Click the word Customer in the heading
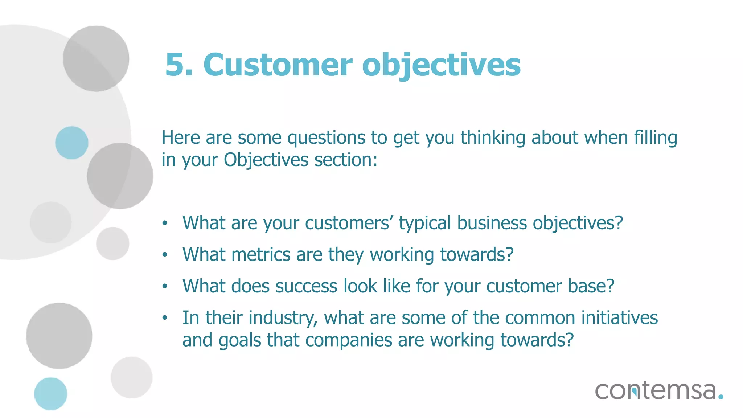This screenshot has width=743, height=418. (278, 65)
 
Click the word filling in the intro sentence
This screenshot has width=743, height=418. (655, 138)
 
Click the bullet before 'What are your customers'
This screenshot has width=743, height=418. (165, 223)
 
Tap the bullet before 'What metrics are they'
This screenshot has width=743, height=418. (165, 255)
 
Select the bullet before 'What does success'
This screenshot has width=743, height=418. (165, 286)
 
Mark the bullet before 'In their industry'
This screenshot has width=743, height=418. (165, 318)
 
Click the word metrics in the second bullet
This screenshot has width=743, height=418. (261, 255)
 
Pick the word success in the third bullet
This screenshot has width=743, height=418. (306, 286)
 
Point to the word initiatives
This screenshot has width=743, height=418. (619, 318)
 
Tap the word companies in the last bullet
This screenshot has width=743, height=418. (349, 340)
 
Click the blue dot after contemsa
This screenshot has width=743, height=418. (721, 397)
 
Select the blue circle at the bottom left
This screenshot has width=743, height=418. (50, 394)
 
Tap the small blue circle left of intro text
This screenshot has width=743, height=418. (71, 143)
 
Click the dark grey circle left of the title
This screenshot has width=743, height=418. (96, 58)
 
